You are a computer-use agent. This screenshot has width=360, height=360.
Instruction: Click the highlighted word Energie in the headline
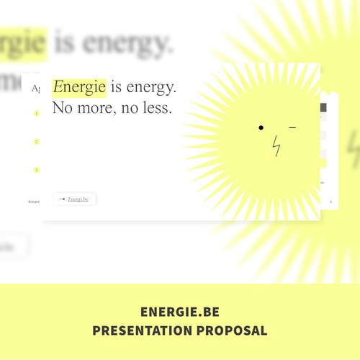point(79,87)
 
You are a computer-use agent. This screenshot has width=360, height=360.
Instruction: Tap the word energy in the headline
point(150,88)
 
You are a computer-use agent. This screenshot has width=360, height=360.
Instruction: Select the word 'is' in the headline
point(116,87)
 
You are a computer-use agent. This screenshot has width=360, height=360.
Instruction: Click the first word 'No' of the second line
point(62,109)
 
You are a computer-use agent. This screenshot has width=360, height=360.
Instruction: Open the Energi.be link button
point(78,199)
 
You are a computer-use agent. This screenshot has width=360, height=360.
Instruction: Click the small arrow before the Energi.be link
point(62,199)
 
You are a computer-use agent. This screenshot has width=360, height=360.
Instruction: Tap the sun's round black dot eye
point(261,128)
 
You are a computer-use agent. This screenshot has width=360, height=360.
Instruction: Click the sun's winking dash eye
point(292,128)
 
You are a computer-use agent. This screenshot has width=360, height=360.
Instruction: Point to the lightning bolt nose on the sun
point(276,146)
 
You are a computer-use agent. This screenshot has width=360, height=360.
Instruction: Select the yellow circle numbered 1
point(36,114)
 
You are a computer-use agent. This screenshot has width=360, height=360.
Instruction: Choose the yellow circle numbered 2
point(36,142)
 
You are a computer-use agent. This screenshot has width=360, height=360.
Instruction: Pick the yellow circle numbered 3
point(36,170)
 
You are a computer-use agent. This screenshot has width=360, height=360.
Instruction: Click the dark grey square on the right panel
point(323,107)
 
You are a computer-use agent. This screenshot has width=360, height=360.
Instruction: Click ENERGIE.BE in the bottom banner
point(180,312)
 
